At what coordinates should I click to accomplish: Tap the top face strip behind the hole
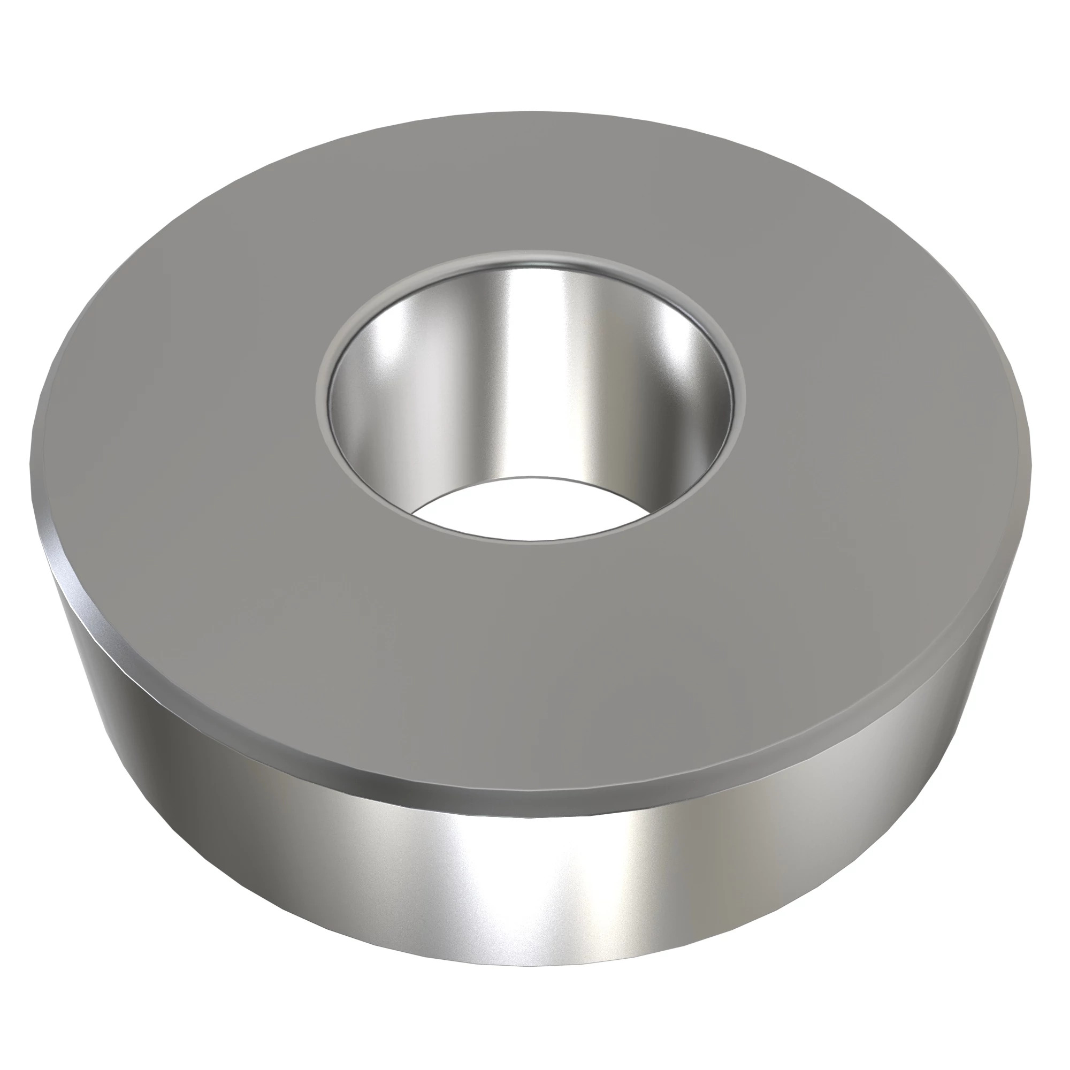coord(532,183)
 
